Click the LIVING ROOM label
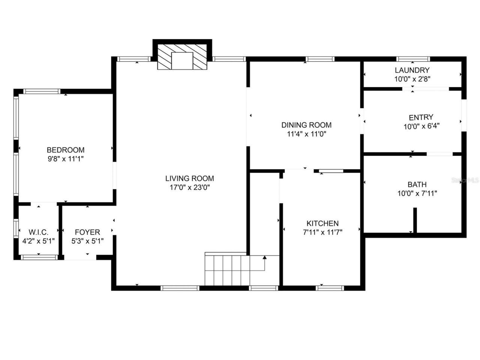189,178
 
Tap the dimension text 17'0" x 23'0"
189,187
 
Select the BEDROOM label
66,150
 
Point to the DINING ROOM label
306,125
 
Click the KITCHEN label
322,223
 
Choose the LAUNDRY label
412,70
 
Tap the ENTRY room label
421,117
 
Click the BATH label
417,184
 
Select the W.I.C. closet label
39,232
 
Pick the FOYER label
87,232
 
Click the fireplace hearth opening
182,61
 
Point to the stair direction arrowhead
265,258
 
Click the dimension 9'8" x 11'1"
66,159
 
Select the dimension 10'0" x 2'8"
412,79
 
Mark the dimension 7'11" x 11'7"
322,232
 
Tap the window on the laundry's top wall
413,59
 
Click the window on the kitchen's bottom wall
330,288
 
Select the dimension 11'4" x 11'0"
306,134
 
